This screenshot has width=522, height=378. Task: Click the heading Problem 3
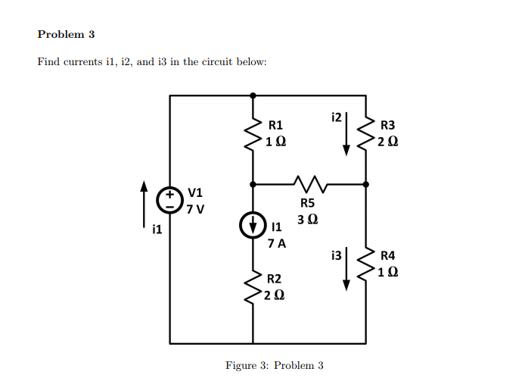click(x=66, y=34)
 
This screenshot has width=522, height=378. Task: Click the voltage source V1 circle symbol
click(x=169, y=199)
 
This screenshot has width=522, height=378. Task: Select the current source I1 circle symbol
click(x=253, y=225)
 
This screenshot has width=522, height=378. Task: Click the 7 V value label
click(x=197, y=208)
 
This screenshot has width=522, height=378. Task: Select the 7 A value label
click(x=277, y=244)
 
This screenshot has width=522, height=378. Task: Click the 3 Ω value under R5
click(x=308, y=220)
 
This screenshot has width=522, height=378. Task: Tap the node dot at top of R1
click(x=253, y=95)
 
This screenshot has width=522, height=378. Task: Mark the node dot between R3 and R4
click(x=366, y=183)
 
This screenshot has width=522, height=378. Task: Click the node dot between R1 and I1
click(x=253, y=183)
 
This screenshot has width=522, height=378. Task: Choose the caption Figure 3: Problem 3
click(x=275, y=366)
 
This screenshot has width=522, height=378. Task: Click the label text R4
click(x=387, y=256)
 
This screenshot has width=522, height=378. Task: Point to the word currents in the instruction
click(x=80, y=61)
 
